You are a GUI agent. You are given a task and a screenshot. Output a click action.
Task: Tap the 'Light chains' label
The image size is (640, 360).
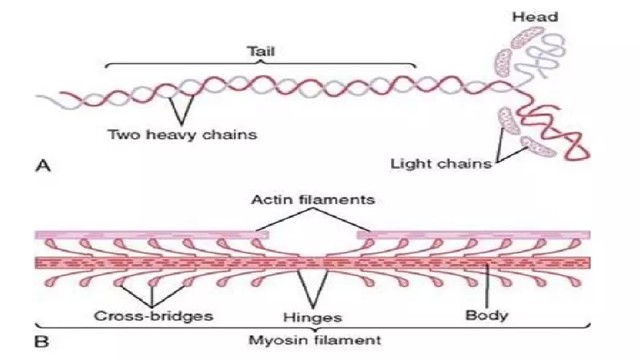[441, 163]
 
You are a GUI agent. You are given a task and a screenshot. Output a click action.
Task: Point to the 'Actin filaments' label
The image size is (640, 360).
[313, 199]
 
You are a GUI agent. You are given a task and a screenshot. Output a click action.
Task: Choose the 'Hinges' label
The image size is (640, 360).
[313, 318]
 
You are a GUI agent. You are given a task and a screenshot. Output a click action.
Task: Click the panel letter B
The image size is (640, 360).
[42, 339]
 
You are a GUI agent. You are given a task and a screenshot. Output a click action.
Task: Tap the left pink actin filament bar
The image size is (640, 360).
[153, 235]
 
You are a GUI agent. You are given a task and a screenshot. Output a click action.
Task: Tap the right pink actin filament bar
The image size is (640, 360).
[473, 235]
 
